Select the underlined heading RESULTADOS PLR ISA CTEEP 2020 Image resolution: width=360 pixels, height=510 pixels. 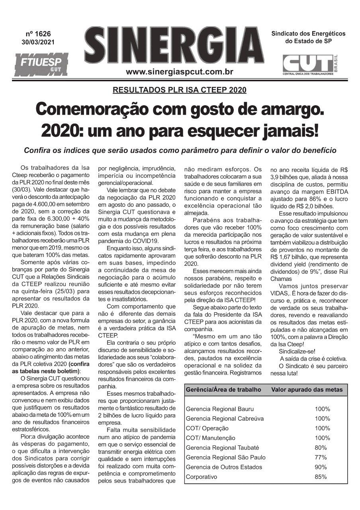click(180, 90)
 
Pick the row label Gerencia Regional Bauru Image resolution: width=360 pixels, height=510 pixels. click(219, 409)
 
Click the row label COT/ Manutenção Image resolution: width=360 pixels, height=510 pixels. click(207, 438)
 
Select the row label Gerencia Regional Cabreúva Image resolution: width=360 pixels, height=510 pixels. click(225, 419)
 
